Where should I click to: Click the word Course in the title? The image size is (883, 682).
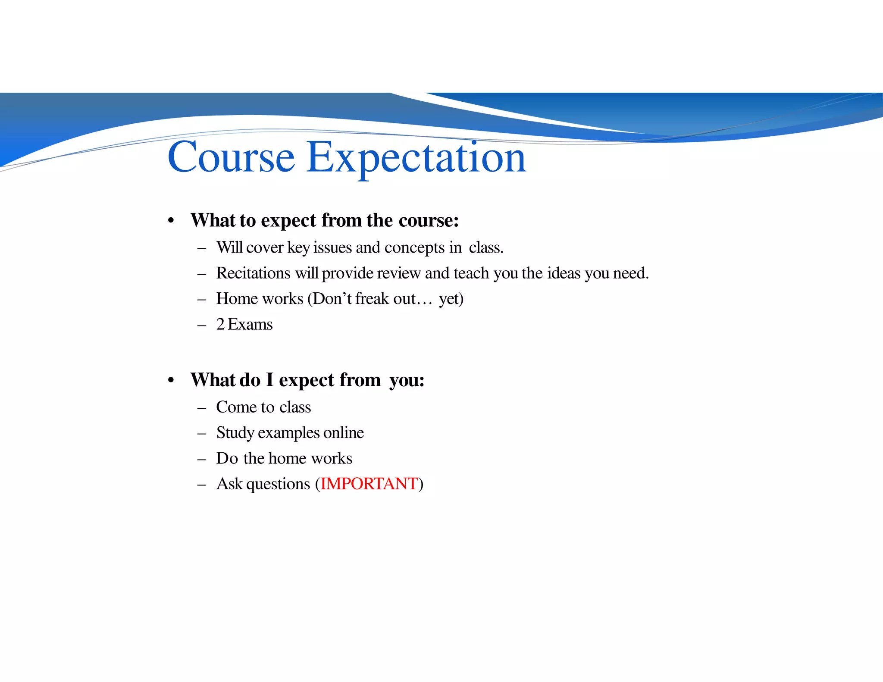point(231,157)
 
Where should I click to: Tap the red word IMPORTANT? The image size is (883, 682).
point(369,484)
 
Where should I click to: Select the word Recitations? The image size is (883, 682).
point(253,273)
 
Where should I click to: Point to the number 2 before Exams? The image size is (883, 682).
point(220,324)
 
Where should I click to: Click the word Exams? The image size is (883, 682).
point(250,324)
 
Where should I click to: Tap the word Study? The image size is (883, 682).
point(235,433)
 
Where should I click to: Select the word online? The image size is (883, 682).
point(343,432)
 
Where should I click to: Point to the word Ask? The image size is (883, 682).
point(229,484)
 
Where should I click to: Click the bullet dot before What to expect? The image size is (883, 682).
point(171,221)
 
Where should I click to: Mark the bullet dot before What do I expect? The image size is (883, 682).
point(171,380)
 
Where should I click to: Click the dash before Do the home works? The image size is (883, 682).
point(201,459)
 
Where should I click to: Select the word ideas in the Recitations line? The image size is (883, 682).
point(564,273)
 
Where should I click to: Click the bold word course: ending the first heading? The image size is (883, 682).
point(429,220)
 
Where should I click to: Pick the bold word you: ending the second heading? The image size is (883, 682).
point(407,381)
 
